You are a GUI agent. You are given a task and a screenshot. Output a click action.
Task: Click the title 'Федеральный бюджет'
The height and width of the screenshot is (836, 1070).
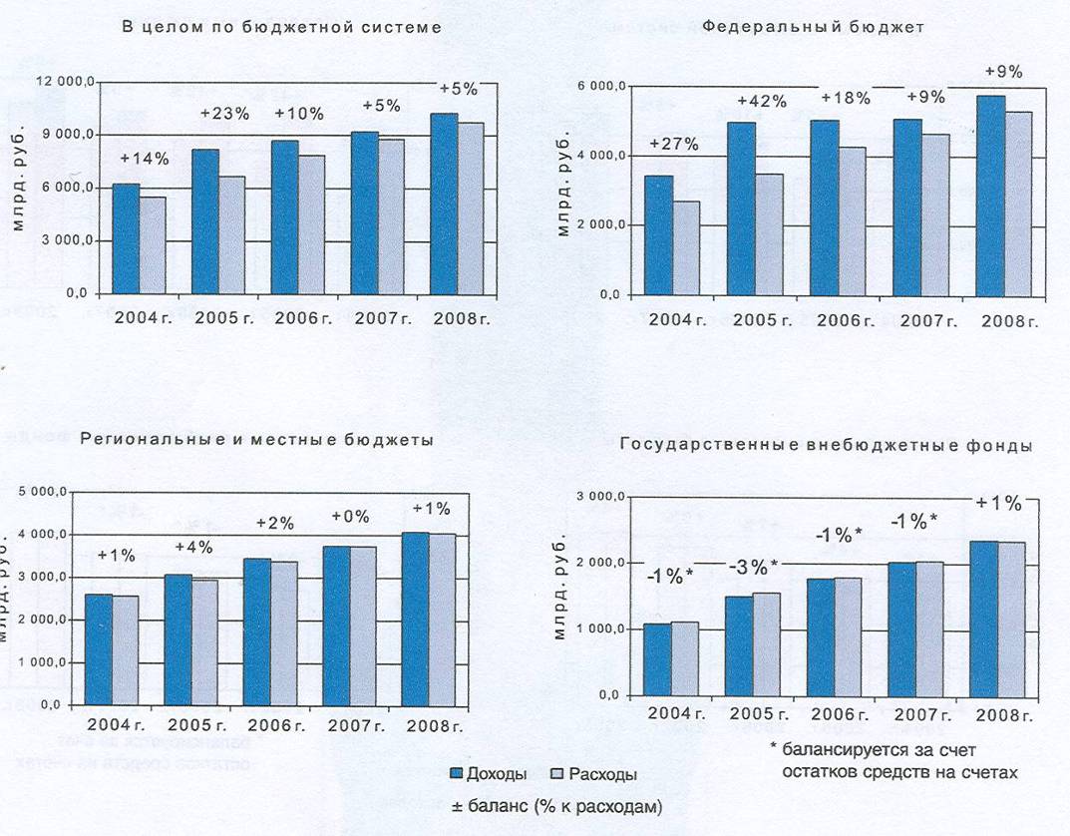point(813,27)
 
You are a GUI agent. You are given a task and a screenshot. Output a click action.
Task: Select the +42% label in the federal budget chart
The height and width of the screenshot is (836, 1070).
point(762,100)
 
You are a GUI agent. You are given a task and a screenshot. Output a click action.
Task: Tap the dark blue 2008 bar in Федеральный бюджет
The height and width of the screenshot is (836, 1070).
point(990,196)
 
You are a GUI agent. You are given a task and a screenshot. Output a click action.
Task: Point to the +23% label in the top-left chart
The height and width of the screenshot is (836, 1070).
point(224,113)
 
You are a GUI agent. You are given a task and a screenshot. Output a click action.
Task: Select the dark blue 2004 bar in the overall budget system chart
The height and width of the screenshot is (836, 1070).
point(126,238)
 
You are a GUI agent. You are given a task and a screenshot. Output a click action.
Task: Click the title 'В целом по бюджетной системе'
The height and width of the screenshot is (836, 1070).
point(281,27)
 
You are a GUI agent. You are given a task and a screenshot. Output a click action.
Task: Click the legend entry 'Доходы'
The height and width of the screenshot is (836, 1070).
point(489,773)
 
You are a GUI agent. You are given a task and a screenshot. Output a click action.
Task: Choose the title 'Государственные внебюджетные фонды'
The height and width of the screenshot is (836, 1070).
point(825,446)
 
